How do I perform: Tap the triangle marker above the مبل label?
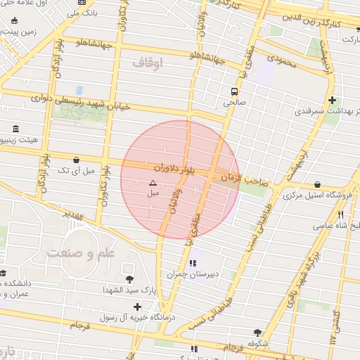click(x=153, y=183)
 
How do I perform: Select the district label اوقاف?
click(x=147, y=63)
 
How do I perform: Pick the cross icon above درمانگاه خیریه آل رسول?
click(x=137, y=307)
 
